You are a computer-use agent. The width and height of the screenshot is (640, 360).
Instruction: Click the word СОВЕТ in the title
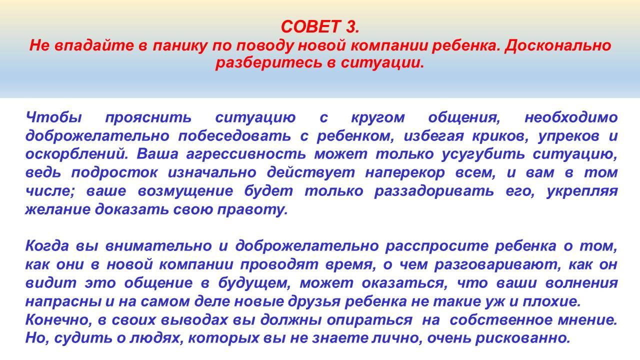[x=310, y=26]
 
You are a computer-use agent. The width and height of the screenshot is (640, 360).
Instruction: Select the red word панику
[x=179, y=46]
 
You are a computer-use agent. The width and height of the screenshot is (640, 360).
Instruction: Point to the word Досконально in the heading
[x=557, y=45]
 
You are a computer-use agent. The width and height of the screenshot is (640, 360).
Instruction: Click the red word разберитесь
[x=268, y=63]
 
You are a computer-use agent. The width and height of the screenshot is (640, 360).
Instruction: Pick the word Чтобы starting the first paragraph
[x=53, y=117]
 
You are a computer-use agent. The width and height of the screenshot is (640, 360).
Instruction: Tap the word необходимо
[x=571, y=117]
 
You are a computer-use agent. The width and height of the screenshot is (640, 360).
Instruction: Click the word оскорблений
[x=77, y=154]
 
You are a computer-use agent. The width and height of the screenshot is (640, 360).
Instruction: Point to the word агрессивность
[x=245, y=154]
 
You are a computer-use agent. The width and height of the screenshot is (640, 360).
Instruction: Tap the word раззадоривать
[x=433, y=191]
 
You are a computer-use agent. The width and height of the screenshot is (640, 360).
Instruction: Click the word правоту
[x=252, y=210]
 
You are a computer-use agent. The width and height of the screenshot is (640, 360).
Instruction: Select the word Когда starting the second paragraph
[x=47, y=246]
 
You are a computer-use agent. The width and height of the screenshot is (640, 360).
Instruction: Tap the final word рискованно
[x=522, y=338]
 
